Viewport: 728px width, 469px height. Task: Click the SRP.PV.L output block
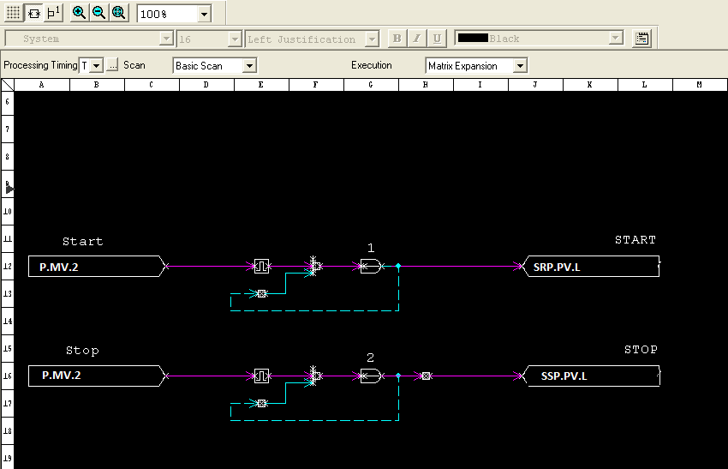[591, 267]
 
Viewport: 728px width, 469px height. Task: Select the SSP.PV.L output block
[591, 376]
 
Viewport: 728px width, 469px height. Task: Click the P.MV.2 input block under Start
[97, 267]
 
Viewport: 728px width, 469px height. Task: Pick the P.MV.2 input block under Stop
[97, 376]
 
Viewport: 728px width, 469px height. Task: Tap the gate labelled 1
[371, 267]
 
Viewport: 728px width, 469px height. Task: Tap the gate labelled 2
[371, 376]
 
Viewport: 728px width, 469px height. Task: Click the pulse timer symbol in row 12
[262, 267]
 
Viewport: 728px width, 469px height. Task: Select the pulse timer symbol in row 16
[262, 376]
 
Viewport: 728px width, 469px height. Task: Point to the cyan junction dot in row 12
[398, 266]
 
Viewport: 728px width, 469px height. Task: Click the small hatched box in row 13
[262, 294]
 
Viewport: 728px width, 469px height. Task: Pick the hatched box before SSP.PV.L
[427, 376]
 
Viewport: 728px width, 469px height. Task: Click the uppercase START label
[636, 240]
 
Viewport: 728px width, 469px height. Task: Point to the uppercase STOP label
[641, 350]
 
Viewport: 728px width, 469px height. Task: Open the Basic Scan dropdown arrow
[249, 66]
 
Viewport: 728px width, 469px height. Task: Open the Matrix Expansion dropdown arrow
[520, 66]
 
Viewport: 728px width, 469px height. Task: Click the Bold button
[397, 39]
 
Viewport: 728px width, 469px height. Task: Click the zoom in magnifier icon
[79, 13]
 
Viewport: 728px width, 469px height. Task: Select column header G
[371, 85]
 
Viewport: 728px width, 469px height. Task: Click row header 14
[8, 322]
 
